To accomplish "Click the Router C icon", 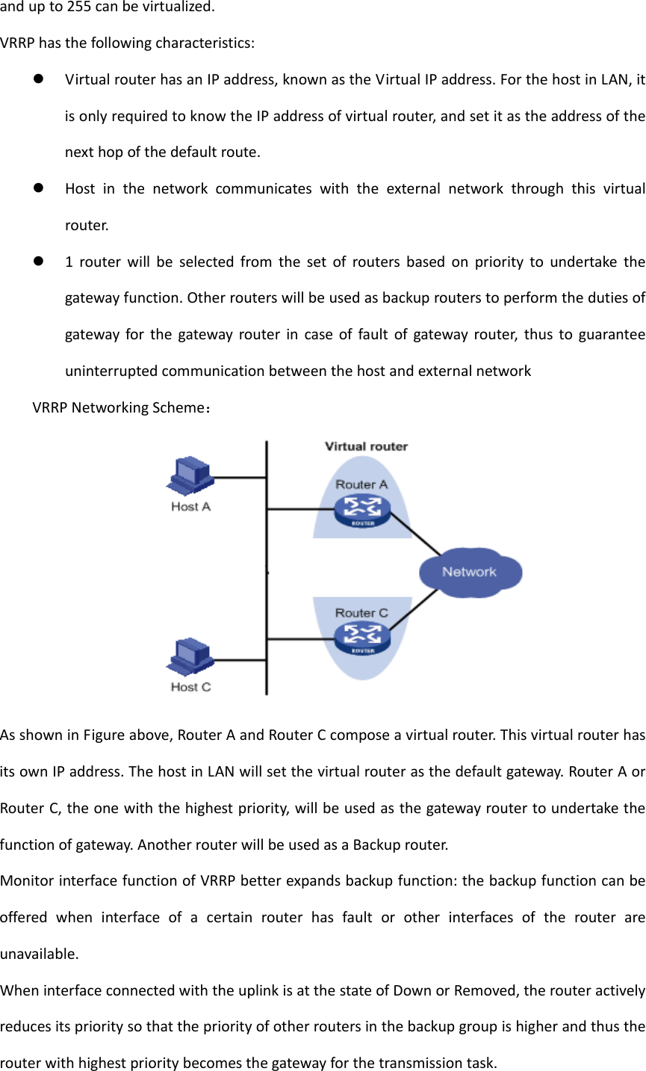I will [362, 638].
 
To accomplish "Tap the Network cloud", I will [470, 572].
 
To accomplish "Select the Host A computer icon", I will [190, 476].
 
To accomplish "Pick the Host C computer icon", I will [190, 657].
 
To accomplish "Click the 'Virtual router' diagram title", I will [366, 446].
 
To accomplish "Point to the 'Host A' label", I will [191, 507].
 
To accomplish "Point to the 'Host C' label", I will [191, 687].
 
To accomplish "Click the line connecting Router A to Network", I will [414, 535].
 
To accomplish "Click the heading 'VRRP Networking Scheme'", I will [119, 408].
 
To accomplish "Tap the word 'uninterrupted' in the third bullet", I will [111, 371].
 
